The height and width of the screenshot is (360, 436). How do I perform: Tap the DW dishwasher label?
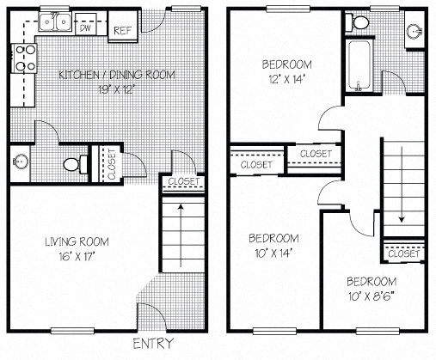pyautogui.click(x=85, y=27)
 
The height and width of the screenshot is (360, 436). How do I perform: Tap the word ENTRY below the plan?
pyautogui.click(x=153, y=345)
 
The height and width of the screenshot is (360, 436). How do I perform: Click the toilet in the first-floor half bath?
pyautogui.click(x=77, y=162)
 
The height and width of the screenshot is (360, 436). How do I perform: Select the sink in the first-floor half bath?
pyautogui.click(x=20, y=161)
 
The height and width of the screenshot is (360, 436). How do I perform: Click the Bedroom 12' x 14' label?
pyautogui.click(x=286, y=71)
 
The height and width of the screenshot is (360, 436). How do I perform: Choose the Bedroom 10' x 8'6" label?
pyautogui.click(x=372, y=289)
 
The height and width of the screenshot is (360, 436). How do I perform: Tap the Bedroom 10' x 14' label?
pyautogui.click(x=273, y=245)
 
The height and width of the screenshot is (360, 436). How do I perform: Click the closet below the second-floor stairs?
pyautogui.click(x=403, y=254)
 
